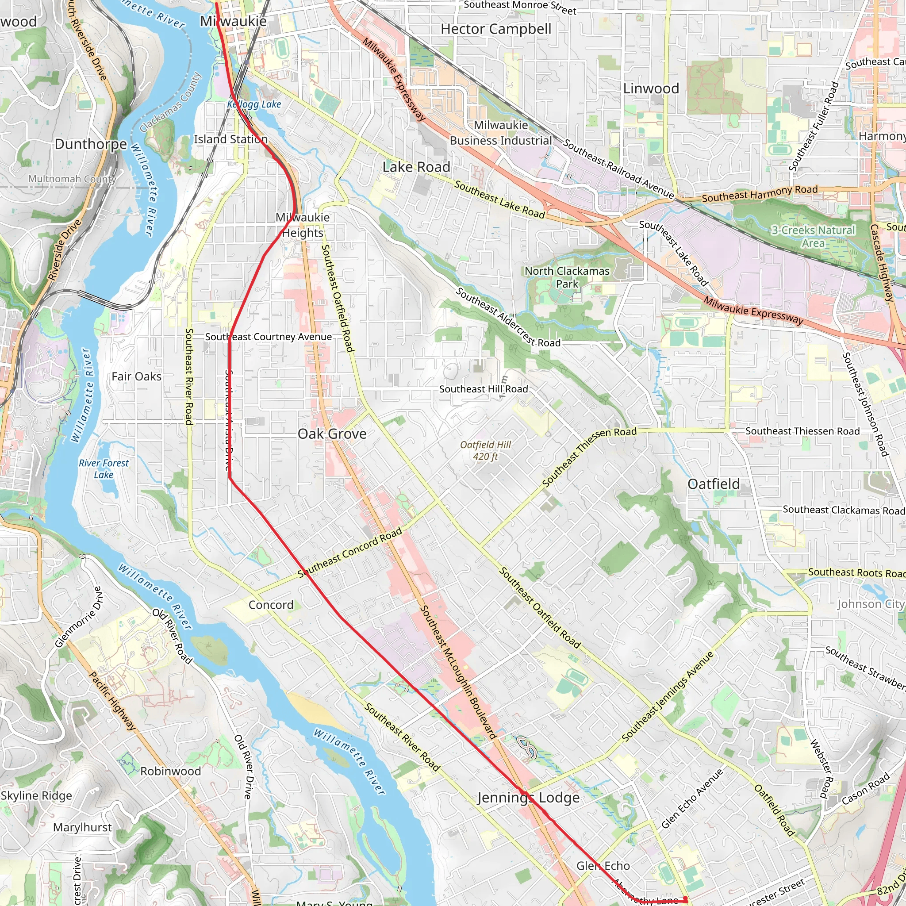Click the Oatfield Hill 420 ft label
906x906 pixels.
485,451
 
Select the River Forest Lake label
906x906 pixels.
104,468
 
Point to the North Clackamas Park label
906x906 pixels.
567,277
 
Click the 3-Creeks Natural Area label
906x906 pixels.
813,236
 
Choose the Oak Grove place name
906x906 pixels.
332,434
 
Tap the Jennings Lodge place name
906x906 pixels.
529,798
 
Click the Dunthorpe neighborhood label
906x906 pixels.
91,144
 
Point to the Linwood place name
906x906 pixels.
651,88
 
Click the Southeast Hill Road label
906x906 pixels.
484,389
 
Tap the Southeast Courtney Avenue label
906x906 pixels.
268,337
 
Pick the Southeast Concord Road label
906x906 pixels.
350,553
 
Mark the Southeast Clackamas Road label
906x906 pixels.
844,510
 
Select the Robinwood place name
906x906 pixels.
170,771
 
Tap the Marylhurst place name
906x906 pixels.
82,827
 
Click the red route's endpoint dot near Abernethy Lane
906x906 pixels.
685,898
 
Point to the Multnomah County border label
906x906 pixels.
72,179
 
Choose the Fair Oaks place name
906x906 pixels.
136,376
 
